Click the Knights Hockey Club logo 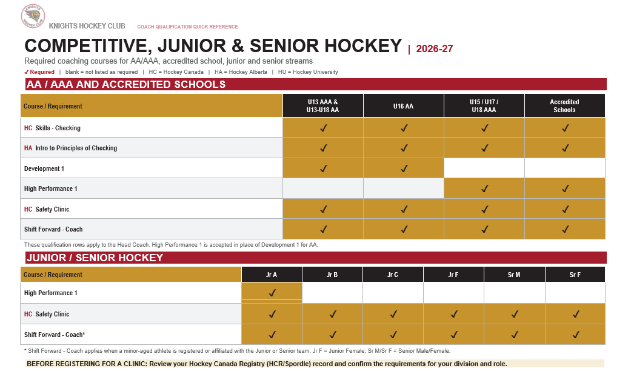tap(33, 16)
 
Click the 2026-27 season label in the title tap(434, 48)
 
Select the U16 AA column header tap(403, 106)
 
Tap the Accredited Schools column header tap(564, 106)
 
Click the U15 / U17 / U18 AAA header tap(484, 106)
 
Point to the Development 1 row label tap(44, 168)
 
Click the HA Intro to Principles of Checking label tap(70, 148)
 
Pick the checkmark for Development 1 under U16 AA tap(404, 168)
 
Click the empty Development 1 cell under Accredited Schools tap(564, 168)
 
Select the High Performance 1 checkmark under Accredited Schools tap(566, 189)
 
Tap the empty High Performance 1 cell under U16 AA tap(403, 189)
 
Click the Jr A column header tap(272, 275)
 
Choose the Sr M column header tap(514, 275)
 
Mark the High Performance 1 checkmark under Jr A tap(272, 293)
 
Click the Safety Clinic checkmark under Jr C tap(393, 314)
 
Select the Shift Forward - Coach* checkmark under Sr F tap(576, 335)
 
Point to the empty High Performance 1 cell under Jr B tap(332, 293)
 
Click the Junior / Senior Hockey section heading tap(95, 258)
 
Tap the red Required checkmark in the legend tap(27, 72)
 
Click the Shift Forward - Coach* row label tap(55, 335)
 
